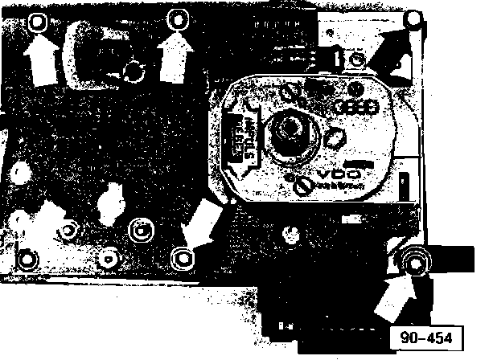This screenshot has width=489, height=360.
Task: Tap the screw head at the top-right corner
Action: (413, 18)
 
